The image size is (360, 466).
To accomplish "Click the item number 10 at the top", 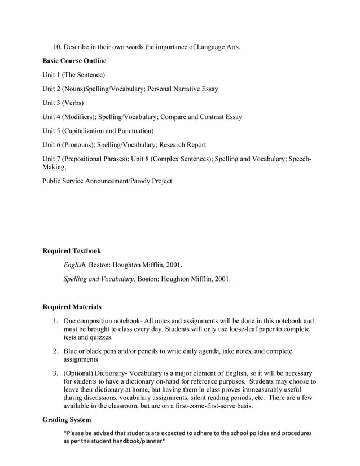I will click(x=57, y=46).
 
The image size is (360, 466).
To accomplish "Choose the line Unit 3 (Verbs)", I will click(x=63, y=103).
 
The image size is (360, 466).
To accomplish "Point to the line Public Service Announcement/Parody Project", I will click(x=107, y=181).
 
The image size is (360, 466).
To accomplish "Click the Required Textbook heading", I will click(x=72, y=250).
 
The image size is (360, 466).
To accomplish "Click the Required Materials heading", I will click(x=72, y=307).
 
